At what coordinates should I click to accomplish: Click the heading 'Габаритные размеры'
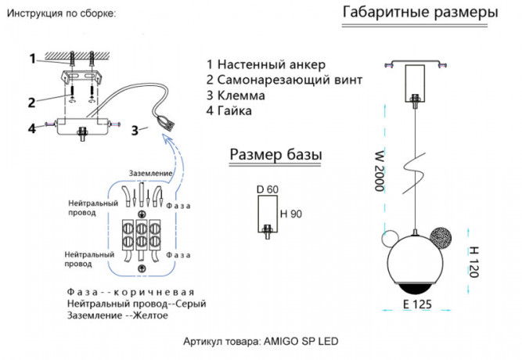(x=420, y=13)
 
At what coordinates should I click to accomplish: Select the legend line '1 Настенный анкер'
(x=265, y=64)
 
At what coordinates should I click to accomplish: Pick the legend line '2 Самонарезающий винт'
(x=284, y=80)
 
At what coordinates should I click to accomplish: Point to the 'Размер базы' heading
(x=275, y=155)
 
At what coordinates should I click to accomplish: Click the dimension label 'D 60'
(x=267, y=189)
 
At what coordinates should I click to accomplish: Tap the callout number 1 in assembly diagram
(x=33, y=58)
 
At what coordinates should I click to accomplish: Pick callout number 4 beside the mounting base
(x=31, y=128)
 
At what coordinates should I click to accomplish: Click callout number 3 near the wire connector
(x=135, y=130)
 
